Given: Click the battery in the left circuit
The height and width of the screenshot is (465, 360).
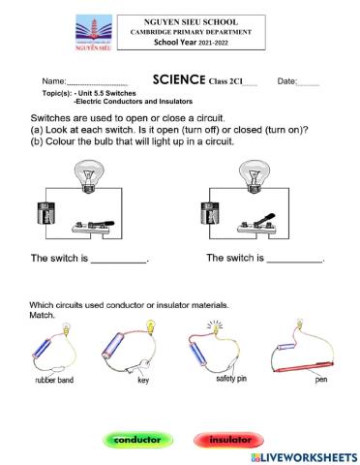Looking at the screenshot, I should point(41,216).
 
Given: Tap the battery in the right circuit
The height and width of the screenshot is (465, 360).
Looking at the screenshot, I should point(207,216).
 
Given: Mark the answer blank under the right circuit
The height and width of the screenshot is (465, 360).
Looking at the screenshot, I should point(294,262).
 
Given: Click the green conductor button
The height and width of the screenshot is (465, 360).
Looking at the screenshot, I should point(137,440).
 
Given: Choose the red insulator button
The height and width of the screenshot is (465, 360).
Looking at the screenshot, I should point(228,440).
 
